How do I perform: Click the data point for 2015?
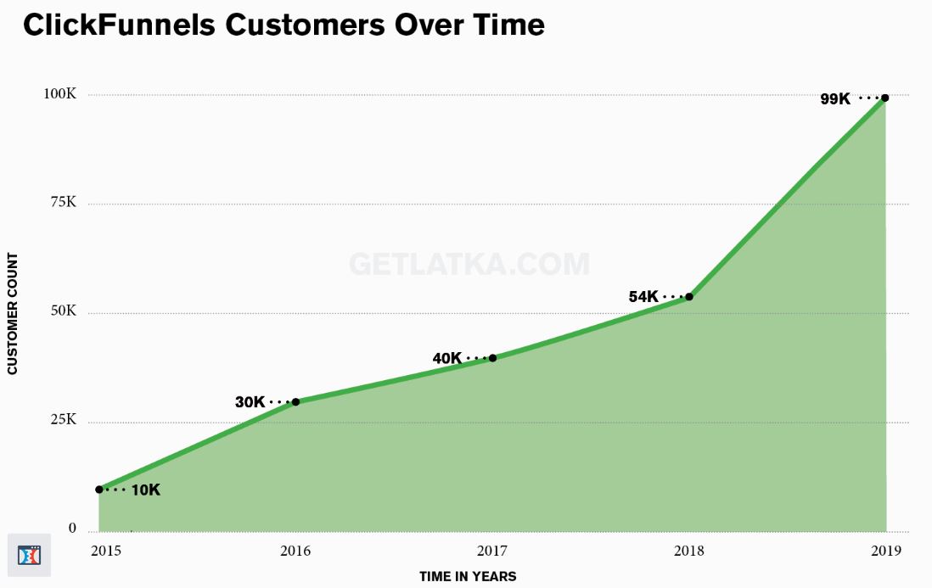tap(99, 490)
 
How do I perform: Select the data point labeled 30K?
tap(295, 401)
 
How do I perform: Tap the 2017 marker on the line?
tap(492, 358)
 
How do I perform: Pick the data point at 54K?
tap(689, 297)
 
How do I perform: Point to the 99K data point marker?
tap(885, 98)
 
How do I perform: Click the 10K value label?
tap(145, 490)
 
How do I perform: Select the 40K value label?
tap(447, 358)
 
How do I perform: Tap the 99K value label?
tap(835, 98)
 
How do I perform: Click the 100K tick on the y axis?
tap(60, 94)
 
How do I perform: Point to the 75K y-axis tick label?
tap(62, 203)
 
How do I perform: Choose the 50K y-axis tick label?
tap(61, 311)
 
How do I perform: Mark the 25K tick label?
tap(61, 420)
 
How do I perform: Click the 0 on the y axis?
tap(72, 529)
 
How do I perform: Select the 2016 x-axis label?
tap(295, 552)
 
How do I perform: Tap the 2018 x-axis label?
tap(689, 552)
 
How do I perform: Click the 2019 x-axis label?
tap(886, 552)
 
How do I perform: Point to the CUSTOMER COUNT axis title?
tap(13, 314)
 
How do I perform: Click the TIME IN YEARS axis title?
tap(468, 576)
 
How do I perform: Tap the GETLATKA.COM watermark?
tap(469, 264)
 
